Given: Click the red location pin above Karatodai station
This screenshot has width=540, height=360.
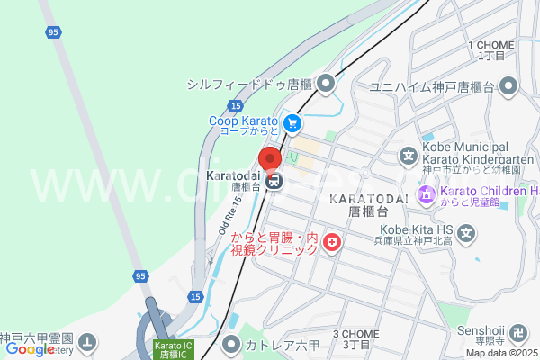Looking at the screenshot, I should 274,158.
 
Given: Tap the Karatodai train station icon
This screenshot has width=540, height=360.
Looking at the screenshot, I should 274,181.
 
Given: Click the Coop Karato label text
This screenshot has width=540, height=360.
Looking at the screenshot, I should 243,121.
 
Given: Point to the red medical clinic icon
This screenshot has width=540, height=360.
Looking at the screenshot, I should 331,243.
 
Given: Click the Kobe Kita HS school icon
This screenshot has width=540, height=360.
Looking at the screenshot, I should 466,237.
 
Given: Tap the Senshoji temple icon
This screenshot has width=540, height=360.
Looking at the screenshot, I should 518,341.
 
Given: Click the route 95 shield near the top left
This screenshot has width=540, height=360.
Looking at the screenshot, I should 53,33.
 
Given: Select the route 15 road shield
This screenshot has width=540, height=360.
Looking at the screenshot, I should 195,295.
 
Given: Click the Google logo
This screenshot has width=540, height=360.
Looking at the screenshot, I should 30,349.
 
